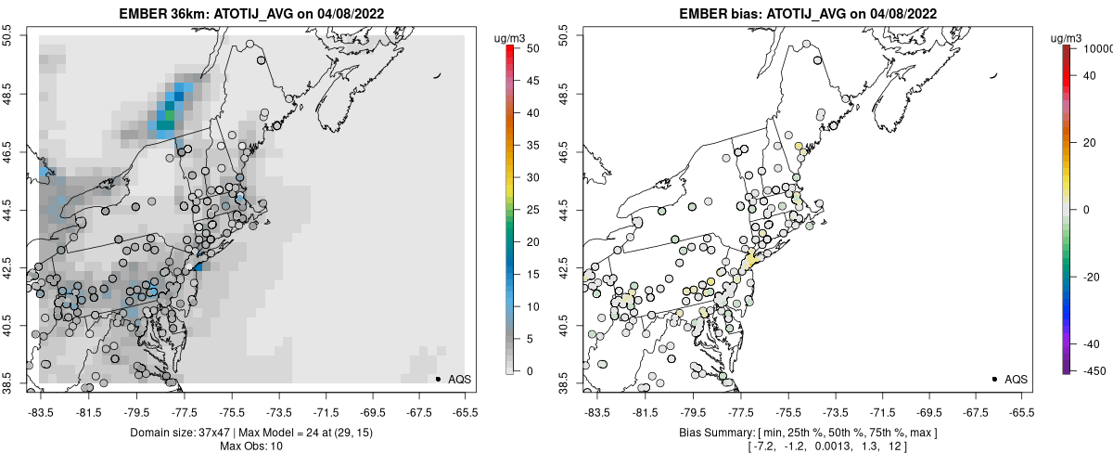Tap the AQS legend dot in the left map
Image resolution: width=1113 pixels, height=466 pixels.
(438, 379)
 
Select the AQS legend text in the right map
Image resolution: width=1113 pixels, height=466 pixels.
(1016, 379)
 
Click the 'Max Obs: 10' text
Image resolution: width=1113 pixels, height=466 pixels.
(252, 447)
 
